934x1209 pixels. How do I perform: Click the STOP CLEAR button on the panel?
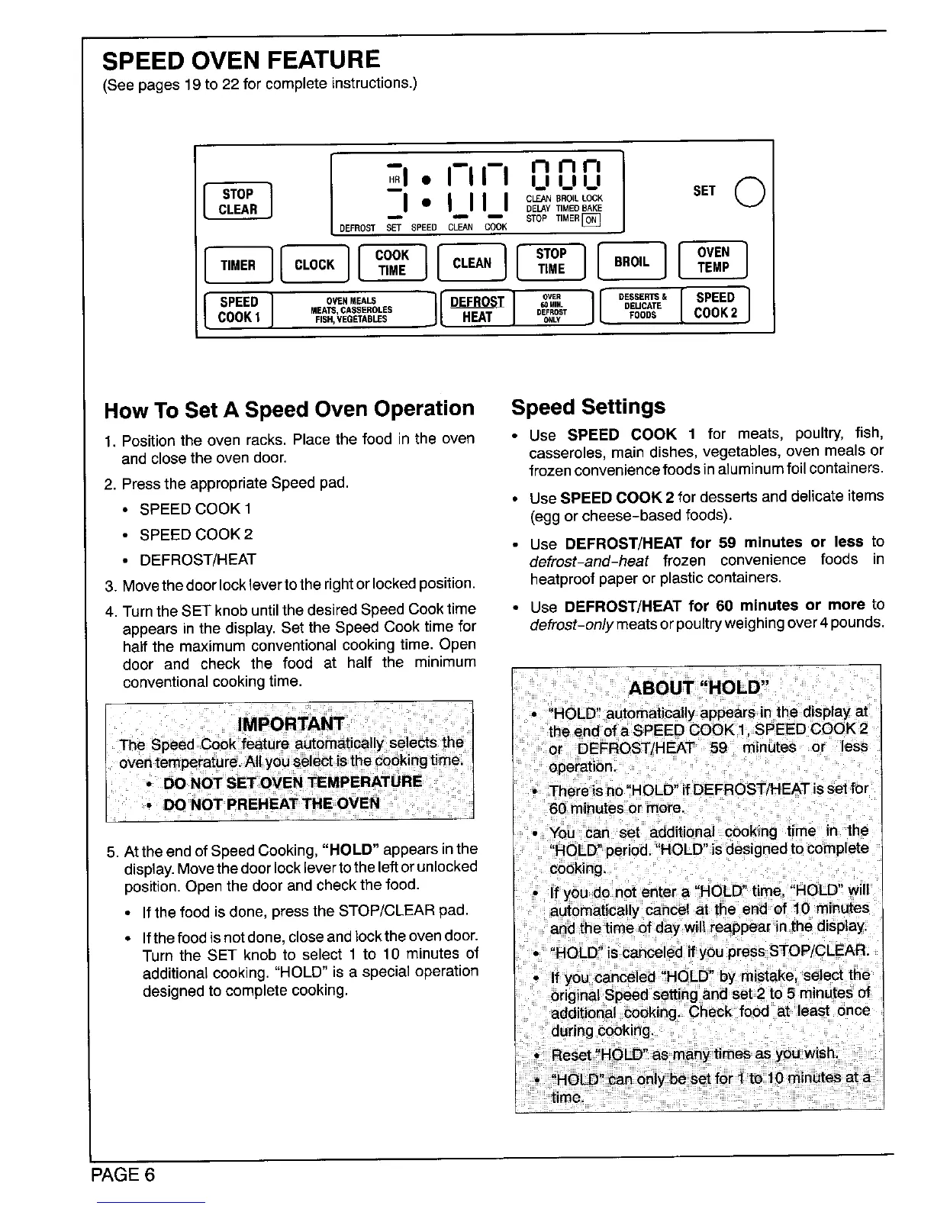(237, 201)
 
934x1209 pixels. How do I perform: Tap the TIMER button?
(237, 265)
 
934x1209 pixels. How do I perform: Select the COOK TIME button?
(392, 263)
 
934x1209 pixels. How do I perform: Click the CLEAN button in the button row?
(472, 263)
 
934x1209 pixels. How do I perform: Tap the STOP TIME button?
(550, 261)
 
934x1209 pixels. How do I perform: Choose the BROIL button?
(631, 262)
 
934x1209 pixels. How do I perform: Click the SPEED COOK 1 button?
(239, 309)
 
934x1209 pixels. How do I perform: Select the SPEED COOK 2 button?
(715, 305)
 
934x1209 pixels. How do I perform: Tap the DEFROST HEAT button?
(477, 309)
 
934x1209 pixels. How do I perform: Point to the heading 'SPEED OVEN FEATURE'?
(241, 60)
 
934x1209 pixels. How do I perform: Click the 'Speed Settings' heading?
(588, 406)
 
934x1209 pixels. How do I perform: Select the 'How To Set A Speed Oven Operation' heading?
(289, 409)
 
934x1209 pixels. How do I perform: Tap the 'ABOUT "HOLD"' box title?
(697, 688)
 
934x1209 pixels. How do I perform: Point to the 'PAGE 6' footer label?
(123, 1174)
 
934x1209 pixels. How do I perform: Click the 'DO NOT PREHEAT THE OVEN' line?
(271, 803)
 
